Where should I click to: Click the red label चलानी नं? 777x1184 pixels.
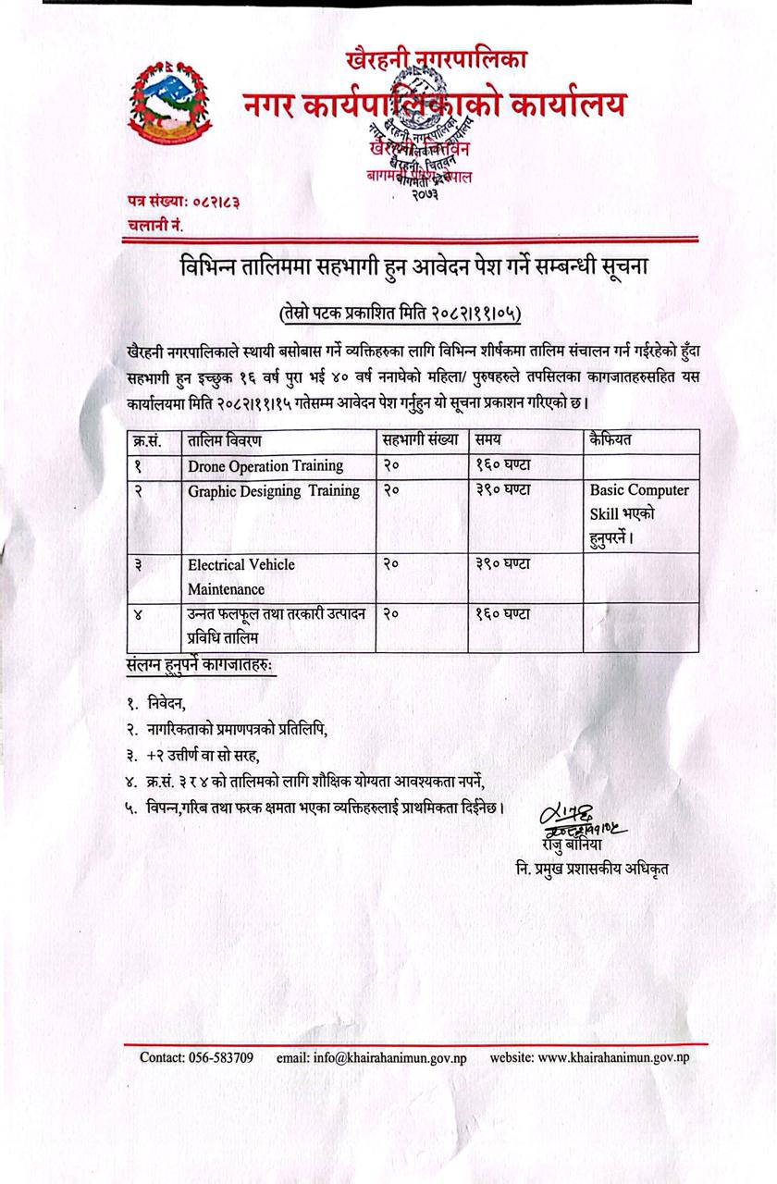tap(156, 224)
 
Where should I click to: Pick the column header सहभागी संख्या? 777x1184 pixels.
tap(420, 440)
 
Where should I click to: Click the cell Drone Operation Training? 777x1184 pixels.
tap(265, 465)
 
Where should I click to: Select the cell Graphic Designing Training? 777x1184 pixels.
tap(274, 490)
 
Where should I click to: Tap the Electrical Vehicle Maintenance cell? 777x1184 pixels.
tap(241, 576)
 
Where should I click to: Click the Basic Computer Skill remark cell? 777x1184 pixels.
tap(639, 512)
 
